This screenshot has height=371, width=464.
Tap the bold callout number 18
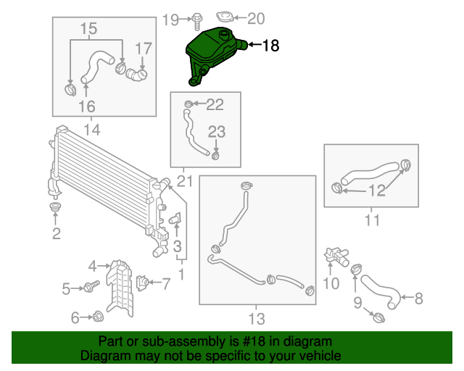pos(270,46)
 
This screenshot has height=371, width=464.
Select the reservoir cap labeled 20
pos(225,17)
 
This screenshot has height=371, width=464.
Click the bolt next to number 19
pos(196,21)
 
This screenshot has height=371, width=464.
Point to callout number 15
pos(88,28)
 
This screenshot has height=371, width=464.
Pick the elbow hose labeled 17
pos(136,74)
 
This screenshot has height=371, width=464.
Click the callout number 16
pos(87,107)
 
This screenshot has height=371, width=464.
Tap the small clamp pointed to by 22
pos(188,104)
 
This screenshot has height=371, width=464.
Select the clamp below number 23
pos(215,155)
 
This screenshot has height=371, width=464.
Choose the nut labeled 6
pos(97,317)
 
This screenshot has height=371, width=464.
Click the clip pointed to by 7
pos(142,283)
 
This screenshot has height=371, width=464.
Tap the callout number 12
pos(377,191)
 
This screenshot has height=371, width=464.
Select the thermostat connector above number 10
pos(336,257)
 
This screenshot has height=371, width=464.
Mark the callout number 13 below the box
pos(257,319)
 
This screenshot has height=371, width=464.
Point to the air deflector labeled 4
pos(120,288)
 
